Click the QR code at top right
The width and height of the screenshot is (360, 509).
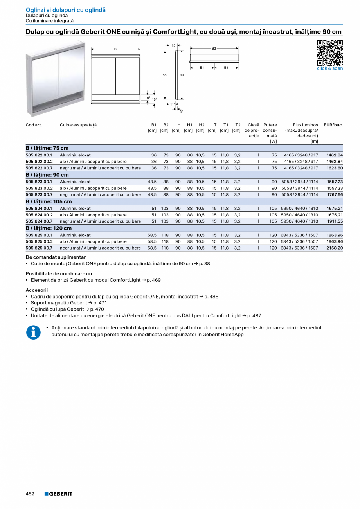[329, 52]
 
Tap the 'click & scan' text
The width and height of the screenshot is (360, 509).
[329, 68]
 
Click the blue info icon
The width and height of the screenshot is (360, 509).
[33, 332]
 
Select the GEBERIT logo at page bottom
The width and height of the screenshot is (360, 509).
[58, 494]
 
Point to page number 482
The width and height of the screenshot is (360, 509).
[30, 494]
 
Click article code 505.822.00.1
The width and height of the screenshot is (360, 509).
[39, 155]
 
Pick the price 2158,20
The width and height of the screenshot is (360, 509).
[335, 248]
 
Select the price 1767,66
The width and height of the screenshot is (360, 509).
[335, 194]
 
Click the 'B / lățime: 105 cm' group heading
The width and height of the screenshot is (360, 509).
[49, 201]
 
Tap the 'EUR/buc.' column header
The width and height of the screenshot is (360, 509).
[333, 125]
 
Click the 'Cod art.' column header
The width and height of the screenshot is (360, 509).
[34, 125]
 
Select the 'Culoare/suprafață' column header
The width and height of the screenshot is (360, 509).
[78, 125]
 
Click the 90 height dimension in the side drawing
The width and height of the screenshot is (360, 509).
[182, 74]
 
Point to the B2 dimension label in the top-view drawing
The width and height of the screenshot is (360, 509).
[214, 49]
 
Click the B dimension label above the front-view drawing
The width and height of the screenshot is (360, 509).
[115, 49]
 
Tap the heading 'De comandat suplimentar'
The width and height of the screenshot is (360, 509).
[56, 257]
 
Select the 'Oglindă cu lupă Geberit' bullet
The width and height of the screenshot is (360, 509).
[58, 309]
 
